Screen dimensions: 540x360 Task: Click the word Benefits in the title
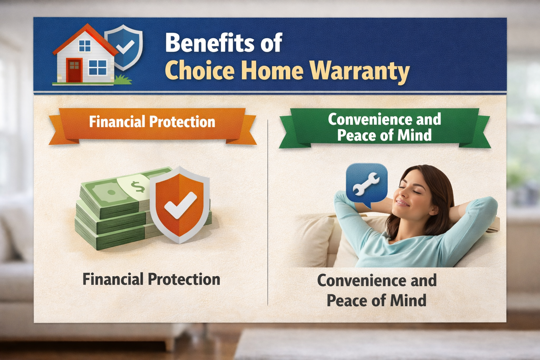[210, 43]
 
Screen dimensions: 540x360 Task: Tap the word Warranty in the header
[360, 71]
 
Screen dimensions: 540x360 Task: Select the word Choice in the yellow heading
[200, 70]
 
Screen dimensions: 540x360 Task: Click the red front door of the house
[74, 70]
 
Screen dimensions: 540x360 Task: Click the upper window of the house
[85, 46]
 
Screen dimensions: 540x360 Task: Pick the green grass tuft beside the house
[123, 79]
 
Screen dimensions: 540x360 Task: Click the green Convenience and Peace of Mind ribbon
[385, 128]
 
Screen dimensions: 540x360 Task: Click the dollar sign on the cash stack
[138, 187]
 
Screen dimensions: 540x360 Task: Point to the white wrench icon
[366, 184]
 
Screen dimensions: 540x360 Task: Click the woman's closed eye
[415, 191]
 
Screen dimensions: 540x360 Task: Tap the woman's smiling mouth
[402, 203]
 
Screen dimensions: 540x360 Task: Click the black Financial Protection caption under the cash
[152, 279]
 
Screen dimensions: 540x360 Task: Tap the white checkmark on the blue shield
[125, 47]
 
